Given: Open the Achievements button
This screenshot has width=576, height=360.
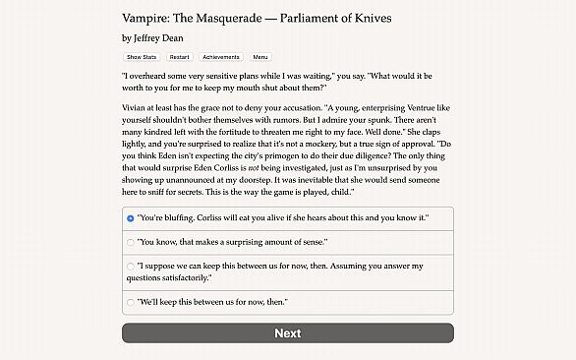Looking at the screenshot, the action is pyautogui.click(x=220, y=57).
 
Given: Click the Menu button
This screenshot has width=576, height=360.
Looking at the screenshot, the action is pyautogui.click(x=260, y=57).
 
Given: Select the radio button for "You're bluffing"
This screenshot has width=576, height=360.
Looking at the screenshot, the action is pyautogui.click(x=131, y=217).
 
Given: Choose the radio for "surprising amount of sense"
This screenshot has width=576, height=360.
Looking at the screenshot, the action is pyautogui.click(x=131, y=241).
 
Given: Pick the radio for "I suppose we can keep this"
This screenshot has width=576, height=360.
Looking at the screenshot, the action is pyautogui.click(x=131, y=266).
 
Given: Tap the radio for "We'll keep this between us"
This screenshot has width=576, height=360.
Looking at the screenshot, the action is pyautogui.click(x=131, y=302).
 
